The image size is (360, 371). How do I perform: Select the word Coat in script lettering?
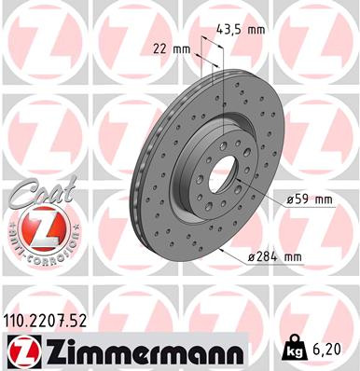click(35, 194)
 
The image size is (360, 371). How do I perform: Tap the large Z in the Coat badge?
click(38, 226)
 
